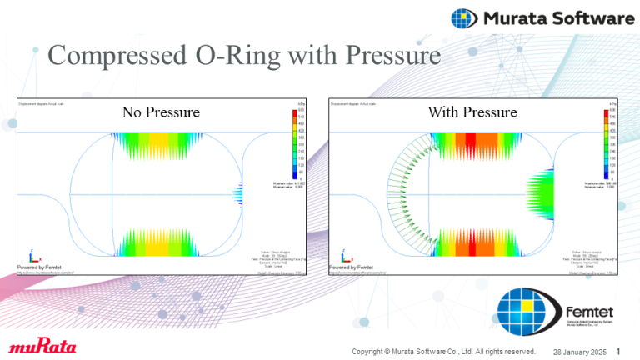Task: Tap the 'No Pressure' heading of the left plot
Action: coord(161,112)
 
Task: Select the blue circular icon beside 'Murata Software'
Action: coord(465,17)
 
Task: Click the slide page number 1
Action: coord(617,350)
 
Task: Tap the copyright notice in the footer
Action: coord(442,351)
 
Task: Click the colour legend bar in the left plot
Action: coord(301,142)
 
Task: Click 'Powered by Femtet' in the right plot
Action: coord(350,267)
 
